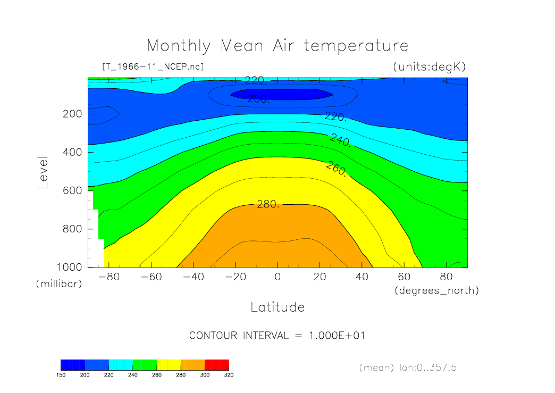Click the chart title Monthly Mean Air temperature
[x=277, y=46]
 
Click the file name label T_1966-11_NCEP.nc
[x=153, y=67]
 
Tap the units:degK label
[x=429, y=67]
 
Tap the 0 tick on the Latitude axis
[x=277, y=277]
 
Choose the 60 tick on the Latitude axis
[x=403, y=277]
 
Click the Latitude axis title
[x=277, y=307]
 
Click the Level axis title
[x=44, y=173]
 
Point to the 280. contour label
[x=268, y=204]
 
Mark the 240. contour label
[x=341, y=140]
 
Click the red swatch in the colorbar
[x=216, y=364]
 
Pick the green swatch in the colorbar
[x=145, y=364]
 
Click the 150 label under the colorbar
[x=61, y=374]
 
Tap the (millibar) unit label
[x=59, y=284]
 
